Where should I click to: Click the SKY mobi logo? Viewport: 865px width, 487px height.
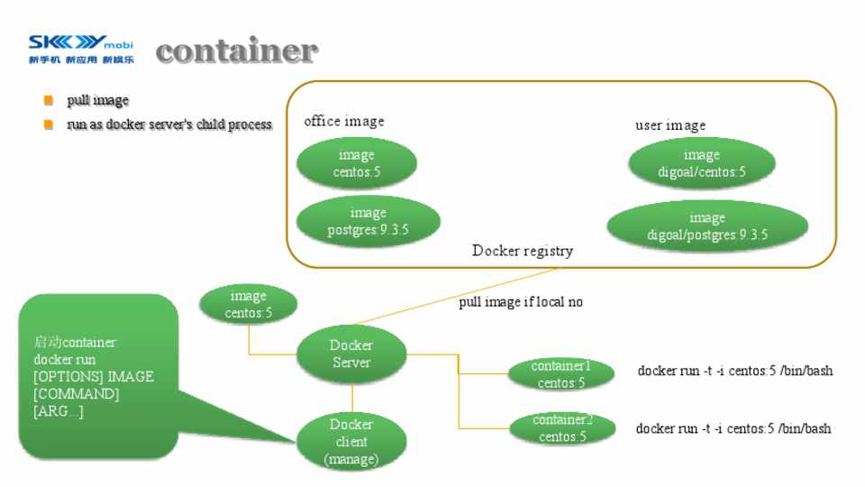[x=80, y=51]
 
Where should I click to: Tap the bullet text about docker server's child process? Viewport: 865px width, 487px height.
[x=169, y=124]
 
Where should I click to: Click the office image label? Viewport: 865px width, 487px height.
[x=343, y=121]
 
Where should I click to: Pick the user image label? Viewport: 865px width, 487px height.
[x=670, y=125]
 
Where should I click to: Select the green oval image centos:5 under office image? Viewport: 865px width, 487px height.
[x=356, y=163]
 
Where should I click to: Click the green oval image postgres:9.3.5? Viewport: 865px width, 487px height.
[x=368, y=222]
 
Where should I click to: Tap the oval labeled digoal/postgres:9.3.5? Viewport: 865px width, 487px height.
[x=706, y=226]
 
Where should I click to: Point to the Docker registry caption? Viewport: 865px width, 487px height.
[x=522, y=251]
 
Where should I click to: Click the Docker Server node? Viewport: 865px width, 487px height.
[x=351, y=354]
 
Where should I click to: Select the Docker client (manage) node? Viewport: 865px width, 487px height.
[x=351, y=442]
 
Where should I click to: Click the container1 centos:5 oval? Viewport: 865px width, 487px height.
[x=561, y=374]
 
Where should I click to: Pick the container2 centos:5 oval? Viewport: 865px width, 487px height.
[x=562, y=428]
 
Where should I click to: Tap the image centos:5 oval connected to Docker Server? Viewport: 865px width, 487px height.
[x=248, y=305]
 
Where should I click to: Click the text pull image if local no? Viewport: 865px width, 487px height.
[x=521, y=302]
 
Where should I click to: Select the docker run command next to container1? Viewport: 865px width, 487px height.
[x=734, y=371]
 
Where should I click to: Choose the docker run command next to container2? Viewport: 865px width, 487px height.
[x=733, y=429]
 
